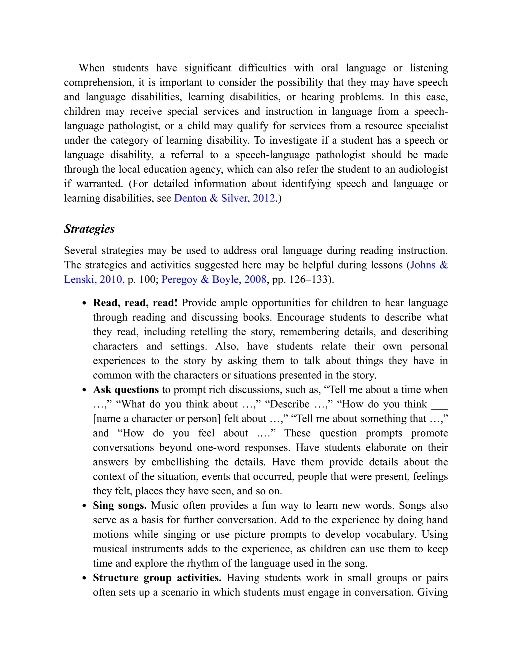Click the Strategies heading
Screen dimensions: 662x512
tap(89, 229)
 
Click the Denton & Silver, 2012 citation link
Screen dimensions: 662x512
tap(224, 198)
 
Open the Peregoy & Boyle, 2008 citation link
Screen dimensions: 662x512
tap(214, 280)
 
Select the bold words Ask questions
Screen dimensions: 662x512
tap(126, 390)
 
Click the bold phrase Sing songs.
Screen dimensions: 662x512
tap(120, 506)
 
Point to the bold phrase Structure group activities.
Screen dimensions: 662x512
tap(157, 578)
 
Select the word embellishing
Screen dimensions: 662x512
tap(180, 462)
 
